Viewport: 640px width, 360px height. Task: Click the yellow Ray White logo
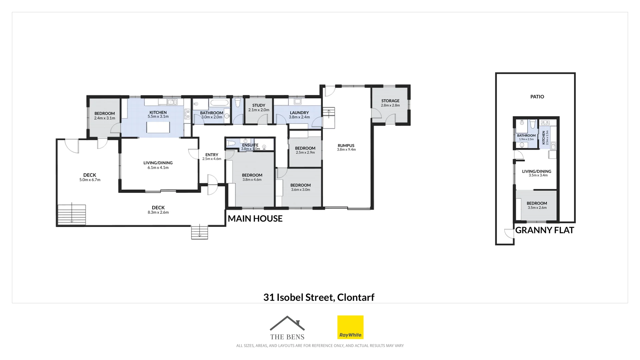point(350,327)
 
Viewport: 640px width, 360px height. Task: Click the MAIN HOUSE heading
point(255,219)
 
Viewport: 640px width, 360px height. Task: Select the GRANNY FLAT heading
point(544,230)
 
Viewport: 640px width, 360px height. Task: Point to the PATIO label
point(537,97)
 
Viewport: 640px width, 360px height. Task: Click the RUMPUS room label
point(346,146)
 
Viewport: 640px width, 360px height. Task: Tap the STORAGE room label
point(390,101)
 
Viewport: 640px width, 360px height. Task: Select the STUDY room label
point(259,105)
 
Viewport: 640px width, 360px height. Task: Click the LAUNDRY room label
point(299,113)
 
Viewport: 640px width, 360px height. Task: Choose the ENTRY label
point(212,155)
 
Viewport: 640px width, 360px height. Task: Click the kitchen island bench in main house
point(158,127)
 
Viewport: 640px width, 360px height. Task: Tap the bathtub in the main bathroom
point(219,103)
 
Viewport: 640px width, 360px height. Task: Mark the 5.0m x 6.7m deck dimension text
point(90,180)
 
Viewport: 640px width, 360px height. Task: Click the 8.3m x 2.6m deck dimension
point(158,212)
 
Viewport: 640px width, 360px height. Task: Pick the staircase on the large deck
point(72,214)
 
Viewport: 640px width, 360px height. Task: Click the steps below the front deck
point(199,232)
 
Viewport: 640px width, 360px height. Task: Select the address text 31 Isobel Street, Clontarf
point(319,297)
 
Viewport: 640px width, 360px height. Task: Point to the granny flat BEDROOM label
point(537,203)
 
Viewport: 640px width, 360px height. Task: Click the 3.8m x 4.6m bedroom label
point(252,180)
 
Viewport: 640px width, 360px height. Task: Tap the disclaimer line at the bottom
point(320,346)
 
